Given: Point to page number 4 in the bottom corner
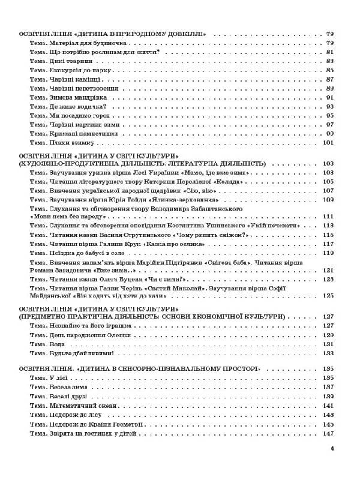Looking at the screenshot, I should click(332, 449).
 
